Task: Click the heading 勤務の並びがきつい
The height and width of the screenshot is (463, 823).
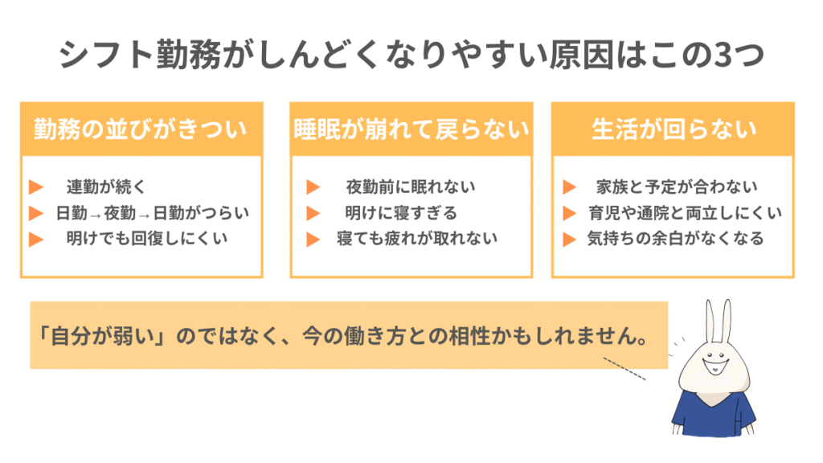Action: coord(141,129)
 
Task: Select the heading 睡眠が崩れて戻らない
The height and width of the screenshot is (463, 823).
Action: coord(411,129)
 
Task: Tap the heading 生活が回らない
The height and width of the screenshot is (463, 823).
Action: coord(674,129)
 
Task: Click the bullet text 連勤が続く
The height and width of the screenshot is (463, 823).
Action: coord(106,187)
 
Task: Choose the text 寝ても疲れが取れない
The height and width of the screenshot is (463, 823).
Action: coord(417,239)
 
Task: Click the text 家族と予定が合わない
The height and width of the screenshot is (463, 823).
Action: coord(676,187)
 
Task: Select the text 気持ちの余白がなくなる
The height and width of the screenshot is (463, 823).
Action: coord(675,239)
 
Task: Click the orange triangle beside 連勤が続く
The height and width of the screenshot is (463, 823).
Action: coord(35,187)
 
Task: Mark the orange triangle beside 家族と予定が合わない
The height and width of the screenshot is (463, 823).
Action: coord(569,187)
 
